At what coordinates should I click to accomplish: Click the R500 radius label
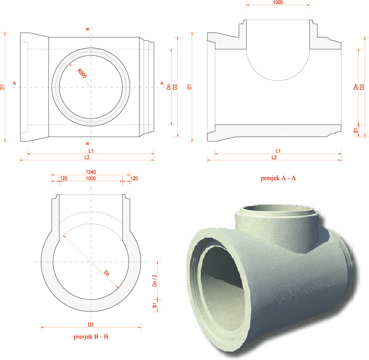[82, 73]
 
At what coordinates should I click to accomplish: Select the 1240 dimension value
[90, 172]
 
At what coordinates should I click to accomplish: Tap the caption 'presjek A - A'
[278, 178]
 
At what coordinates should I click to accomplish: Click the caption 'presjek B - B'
[91, 336]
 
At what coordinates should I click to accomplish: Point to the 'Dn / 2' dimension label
[155, 280]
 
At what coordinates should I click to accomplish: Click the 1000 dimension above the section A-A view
[278, 2]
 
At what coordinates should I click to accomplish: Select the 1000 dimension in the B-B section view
[90, 178]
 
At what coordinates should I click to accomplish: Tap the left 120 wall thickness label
[64, 178]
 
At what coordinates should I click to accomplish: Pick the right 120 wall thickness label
[134, 178]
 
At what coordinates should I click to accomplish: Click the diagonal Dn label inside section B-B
[107, 273]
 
